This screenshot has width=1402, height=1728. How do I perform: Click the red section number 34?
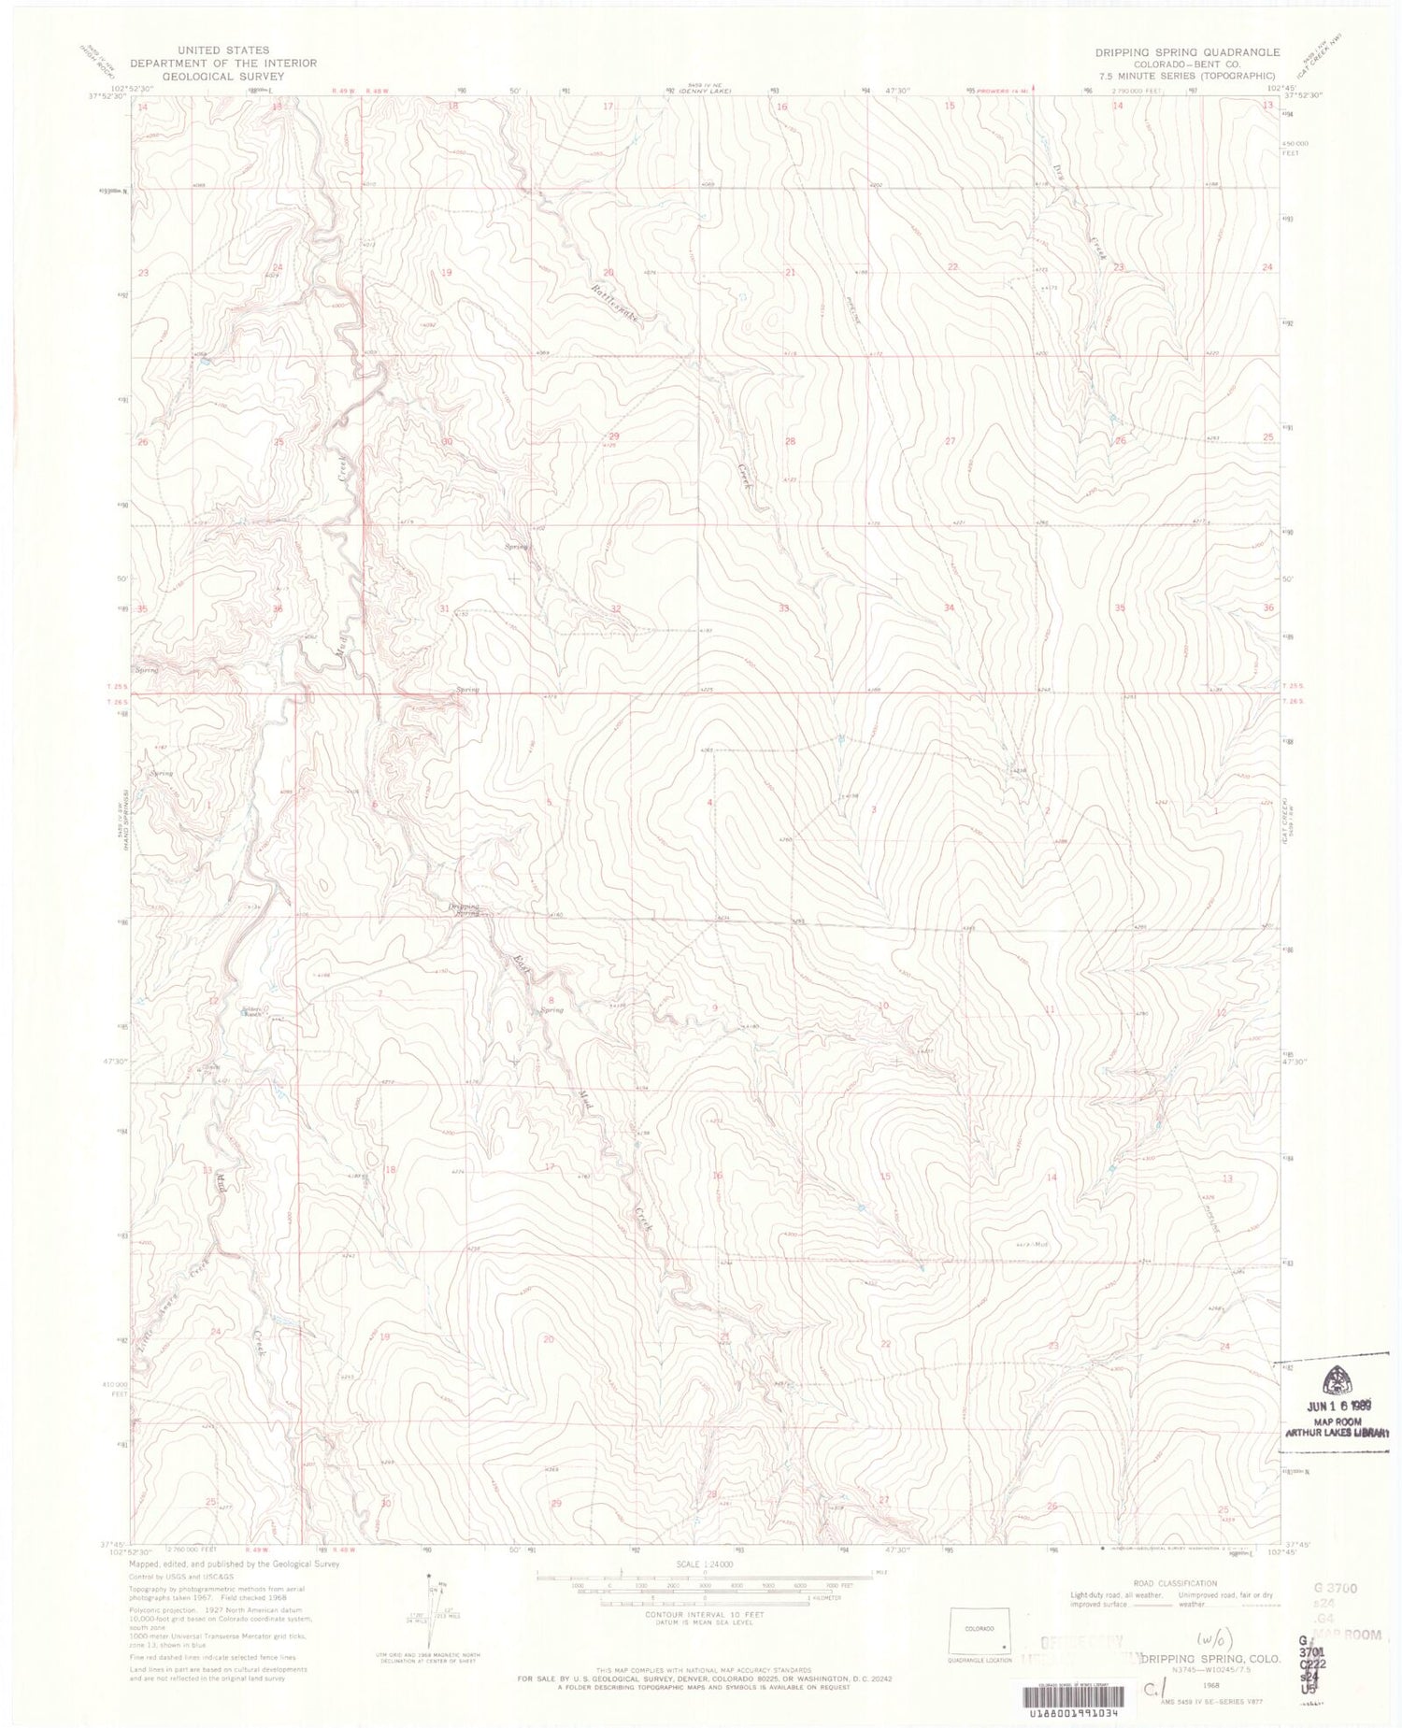(x=950, y=608)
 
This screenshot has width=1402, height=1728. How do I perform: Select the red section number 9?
(x=715, y=1007)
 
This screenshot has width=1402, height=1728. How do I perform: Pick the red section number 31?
(x=444, y=608)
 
